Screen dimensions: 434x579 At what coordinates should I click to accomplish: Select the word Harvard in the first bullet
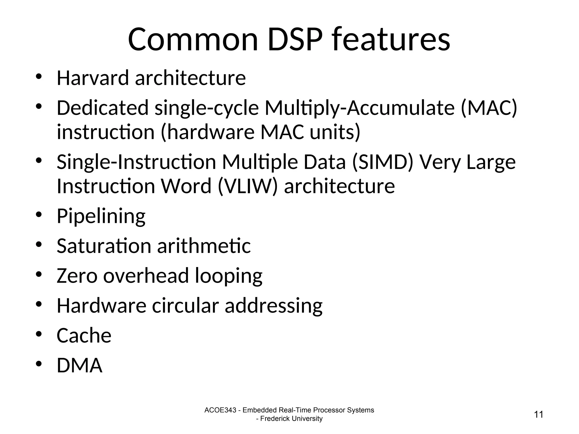coord(93,78)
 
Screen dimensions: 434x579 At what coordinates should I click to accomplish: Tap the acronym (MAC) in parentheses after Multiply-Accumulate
coord(489,108)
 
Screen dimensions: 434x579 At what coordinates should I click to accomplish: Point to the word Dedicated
coord(102,108)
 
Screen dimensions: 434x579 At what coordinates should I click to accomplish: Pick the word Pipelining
coord(101,216)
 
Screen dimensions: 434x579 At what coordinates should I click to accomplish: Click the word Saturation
coord(104,246)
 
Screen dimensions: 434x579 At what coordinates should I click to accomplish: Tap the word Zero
coord(77,276)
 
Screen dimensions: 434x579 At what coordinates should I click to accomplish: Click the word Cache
coord(84,336)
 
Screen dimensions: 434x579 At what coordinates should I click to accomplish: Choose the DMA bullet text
coord(79,366)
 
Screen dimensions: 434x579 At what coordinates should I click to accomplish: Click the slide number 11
coord(539,415)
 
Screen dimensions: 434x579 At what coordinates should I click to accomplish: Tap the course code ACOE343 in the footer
coord(220,410)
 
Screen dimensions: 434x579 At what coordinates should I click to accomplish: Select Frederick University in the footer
coord(291,419)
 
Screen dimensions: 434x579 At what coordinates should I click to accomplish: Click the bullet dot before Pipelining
coord(39,214)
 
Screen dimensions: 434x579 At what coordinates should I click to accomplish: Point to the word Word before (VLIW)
coord(186,186)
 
